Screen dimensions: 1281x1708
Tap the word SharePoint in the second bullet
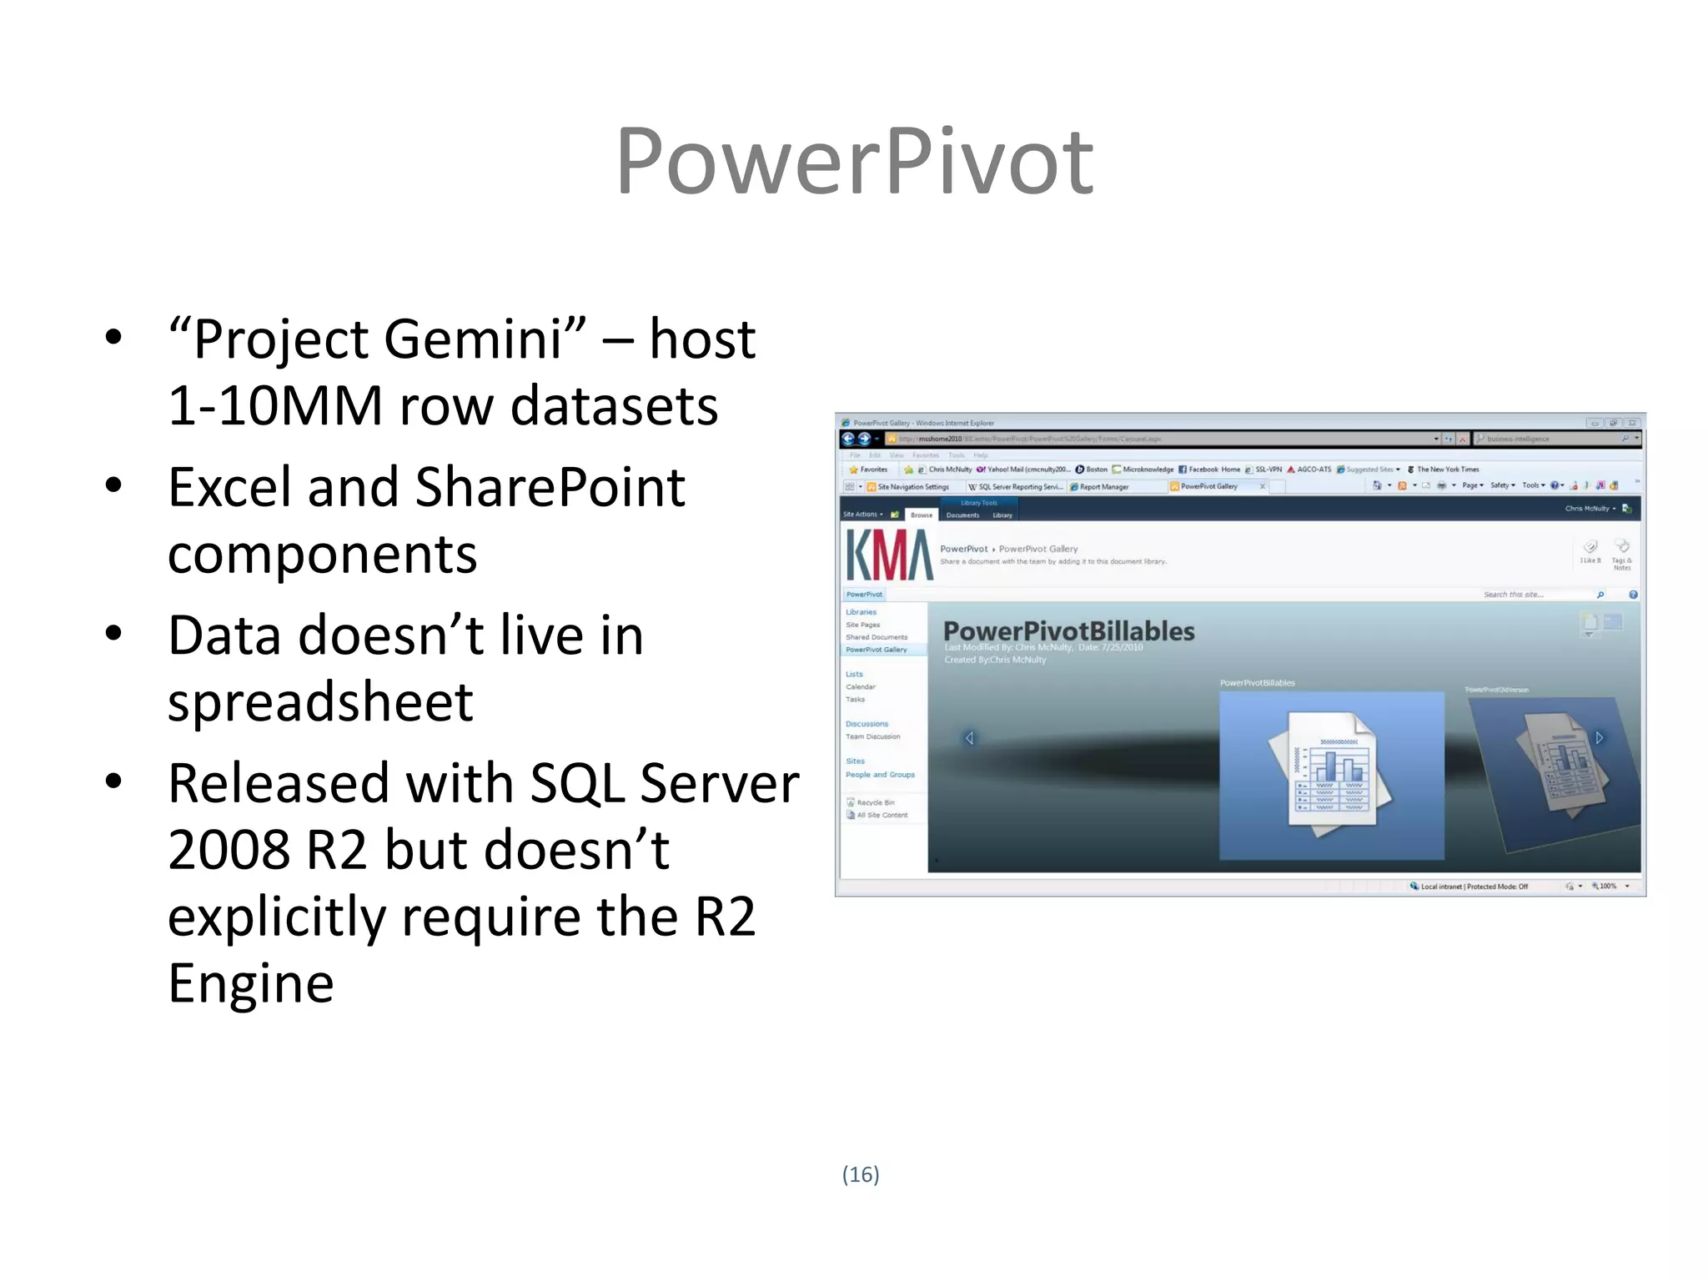(x=550, y=488)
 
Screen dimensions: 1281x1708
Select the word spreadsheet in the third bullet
(x=320, y=702)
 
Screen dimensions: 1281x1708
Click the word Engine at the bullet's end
(x=250, y=984)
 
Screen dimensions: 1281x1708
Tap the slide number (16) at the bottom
(x=860, y=1174)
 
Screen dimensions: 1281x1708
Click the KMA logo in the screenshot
(x=889, y=555)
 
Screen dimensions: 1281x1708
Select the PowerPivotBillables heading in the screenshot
(x=1068, y=631)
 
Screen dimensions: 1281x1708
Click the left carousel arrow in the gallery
(x=969, y=738)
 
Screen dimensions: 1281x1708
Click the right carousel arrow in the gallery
(x=1599, y=737)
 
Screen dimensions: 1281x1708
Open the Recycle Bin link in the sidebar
(x=875, y=802)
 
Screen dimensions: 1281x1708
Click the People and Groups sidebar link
(x=880, y=775)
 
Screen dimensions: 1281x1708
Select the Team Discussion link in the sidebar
(x=872, y=736)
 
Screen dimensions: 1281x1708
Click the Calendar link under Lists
(x=861, y=687)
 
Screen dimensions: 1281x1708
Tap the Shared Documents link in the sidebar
(x=876, y=637)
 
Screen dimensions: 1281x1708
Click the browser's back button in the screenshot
(x=848, y=439)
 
